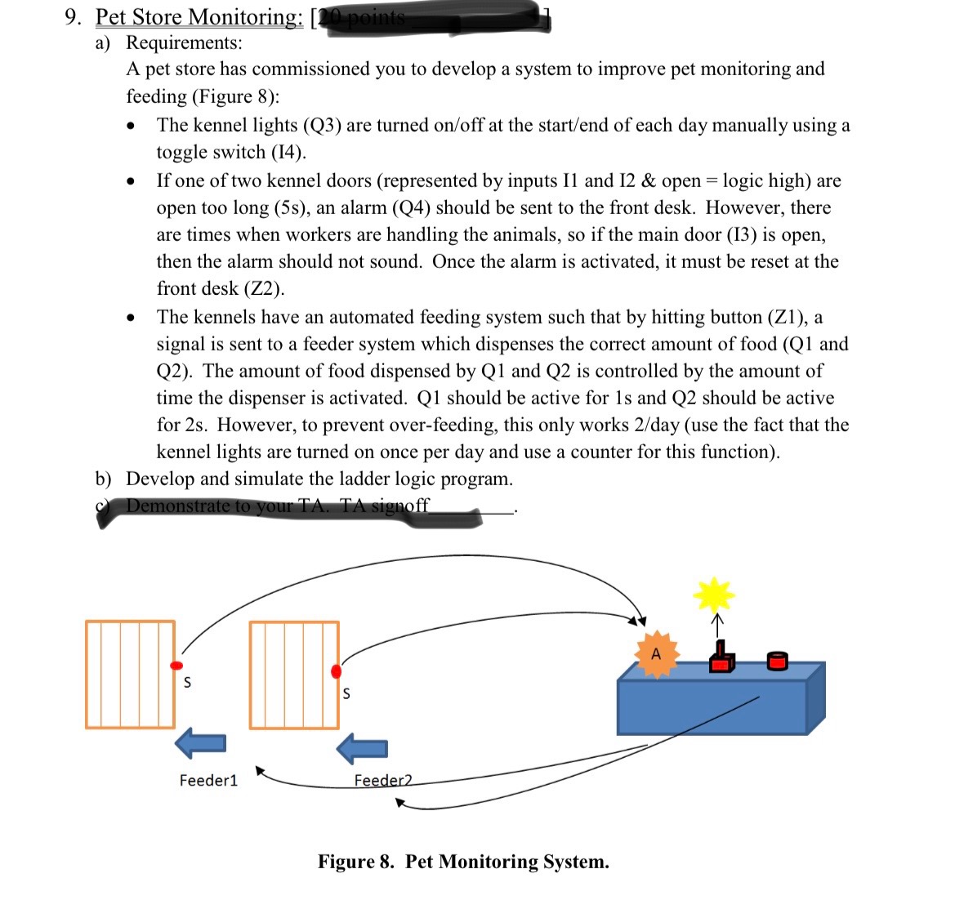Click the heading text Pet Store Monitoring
199,16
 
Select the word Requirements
183,42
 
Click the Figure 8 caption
463,862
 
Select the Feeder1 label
208,780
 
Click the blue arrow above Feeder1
200,743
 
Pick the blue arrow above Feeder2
363,748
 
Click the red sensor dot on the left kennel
176,666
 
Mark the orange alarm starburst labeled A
656,654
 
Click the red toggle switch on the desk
720,658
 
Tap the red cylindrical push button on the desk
778,660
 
